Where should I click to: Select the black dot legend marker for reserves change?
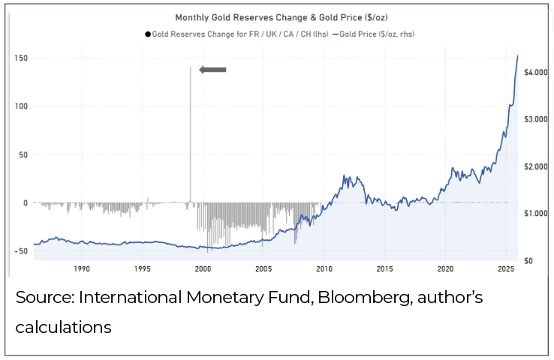[149, 34]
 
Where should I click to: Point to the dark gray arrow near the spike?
[213, 70]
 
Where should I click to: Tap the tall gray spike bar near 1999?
[190, 135]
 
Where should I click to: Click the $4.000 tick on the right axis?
[540, 73]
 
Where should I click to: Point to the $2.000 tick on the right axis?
[540, 166]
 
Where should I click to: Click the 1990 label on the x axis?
[82, 268]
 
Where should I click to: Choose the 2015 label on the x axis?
[384, 268]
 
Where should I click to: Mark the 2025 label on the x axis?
[506, 268]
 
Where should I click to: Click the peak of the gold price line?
[517, 55]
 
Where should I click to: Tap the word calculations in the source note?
[63, 328]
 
